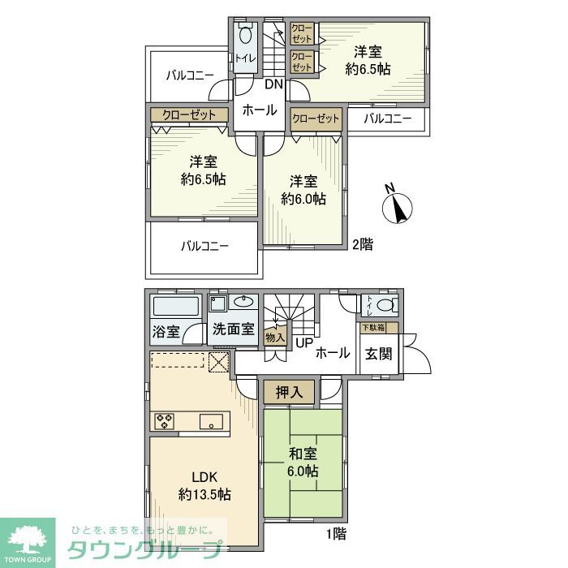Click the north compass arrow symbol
pyautogui.click(x=398, y=204)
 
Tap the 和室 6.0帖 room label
pyautogui.click(x=301, y=463)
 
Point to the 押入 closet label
pyautogui.click(x=289, y=393)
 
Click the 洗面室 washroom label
pyautogui.click(x=234, y=330)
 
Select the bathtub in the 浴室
pyautogui.click(x=176, y=307)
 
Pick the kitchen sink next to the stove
pyautogui.click(x=213, y=420)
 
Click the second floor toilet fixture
pyautogui.click(x=246, y=37)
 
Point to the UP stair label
pyautogui.click(x=303, y=343)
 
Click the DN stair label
pyautogui.click(x=273, y=84)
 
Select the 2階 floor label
pyautogui.click(x=362, y=243)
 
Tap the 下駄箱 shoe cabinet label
pyautogui.click(x=373, y=327)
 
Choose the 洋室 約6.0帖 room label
pyautogui.click(x=303, y=189)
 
